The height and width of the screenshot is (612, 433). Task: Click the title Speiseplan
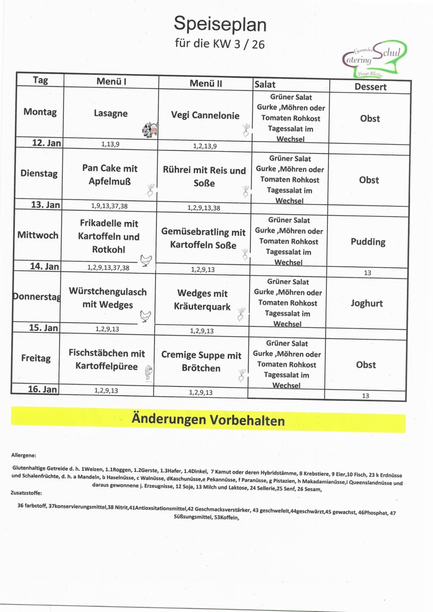pyautogui.click(x=220, y=23)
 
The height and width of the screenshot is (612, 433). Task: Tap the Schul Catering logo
pyautogui.click(x=375, y=58)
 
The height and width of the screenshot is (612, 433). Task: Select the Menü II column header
pyautogui.click(x=206, y=83)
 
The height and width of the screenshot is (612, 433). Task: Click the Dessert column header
pyautogui.click(x=370, y=87)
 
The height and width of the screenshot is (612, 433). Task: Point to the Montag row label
pyautogui.click(x=40, y=112)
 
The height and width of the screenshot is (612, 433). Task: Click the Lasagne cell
pyautogui.click(x=111, y=114)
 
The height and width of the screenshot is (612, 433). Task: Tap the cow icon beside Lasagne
pyautogui.click(x=150, y=130)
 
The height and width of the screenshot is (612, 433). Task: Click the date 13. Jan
pyautogui.click(x=46, y=205)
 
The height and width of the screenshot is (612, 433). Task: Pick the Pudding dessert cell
pyautogui.click(x=368, y=242)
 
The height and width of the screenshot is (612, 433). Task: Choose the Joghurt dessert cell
pyautogui.click(x=366, y=303)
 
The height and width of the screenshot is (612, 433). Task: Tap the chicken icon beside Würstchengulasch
pyautogui.click(x=146, y=317)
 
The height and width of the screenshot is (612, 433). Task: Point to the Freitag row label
pyautogui.click(x=36, y=358)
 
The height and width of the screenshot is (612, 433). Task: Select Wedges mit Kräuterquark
pyautogui.click(x=202, y=300)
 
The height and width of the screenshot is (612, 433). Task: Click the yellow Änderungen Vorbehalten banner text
pyautogui.click(x=208, y=420)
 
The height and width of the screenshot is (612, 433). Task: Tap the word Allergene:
pyautogui.click(x=23, y=455)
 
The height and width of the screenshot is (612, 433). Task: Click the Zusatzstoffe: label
pyautogui.click(x=26, y=493)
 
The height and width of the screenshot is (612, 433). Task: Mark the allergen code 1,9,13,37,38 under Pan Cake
pyautogui.click(x=109, y=206)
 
